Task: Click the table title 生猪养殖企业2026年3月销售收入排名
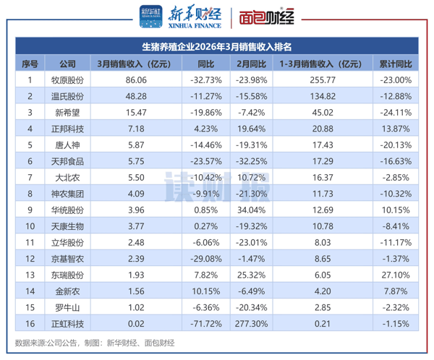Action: [217, 48]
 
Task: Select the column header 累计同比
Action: [395, 64]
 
